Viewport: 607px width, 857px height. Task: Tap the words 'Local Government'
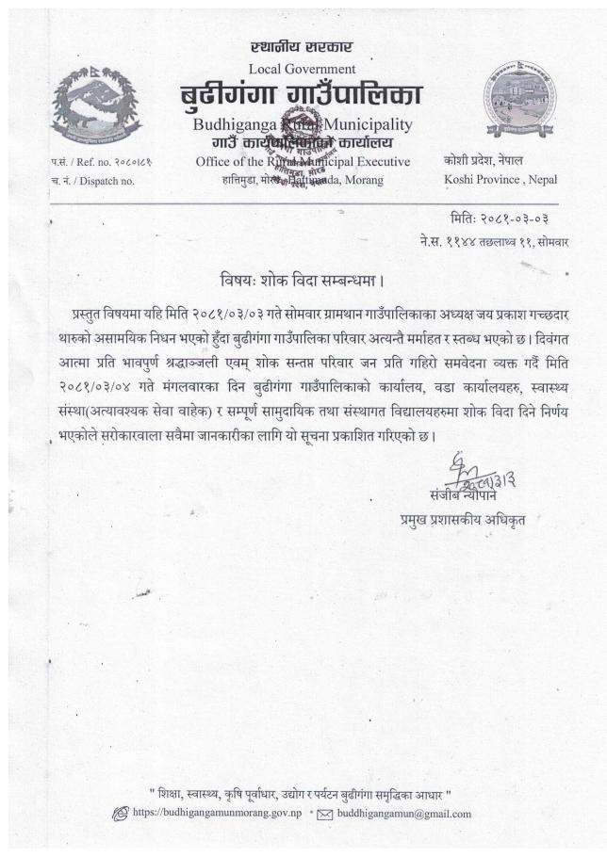tap(302, 69)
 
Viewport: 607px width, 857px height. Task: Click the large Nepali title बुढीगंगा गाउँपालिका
tap(302, 95)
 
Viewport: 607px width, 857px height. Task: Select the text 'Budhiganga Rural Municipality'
tap(302, 124)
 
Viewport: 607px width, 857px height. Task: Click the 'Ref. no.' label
tap(94, 162)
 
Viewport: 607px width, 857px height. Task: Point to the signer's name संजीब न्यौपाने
tap(468, 497)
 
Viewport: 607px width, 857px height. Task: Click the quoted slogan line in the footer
tap(303, 792)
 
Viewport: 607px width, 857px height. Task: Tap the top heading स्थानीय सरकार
tap(302, 47)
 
